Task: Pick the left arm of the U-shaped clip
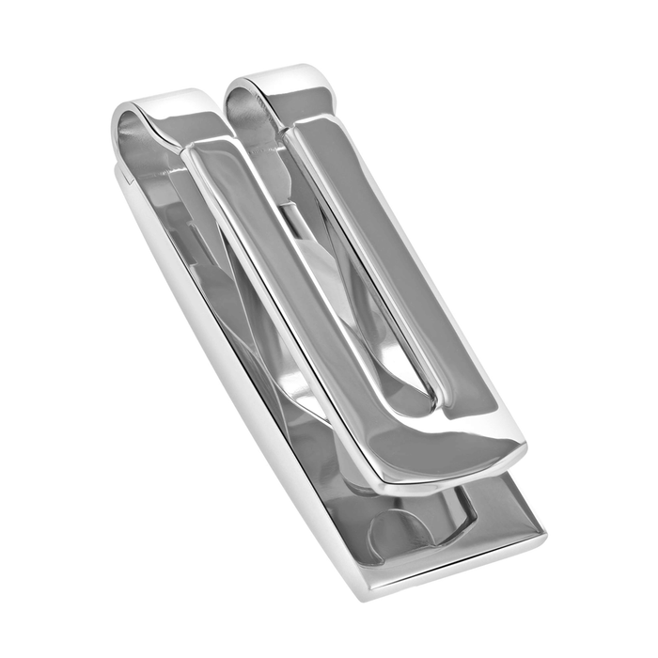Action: pos(282,282)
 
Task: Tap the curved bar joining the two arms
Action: pos(442,451)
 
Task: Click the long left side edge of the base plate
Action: pos(235,376)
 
